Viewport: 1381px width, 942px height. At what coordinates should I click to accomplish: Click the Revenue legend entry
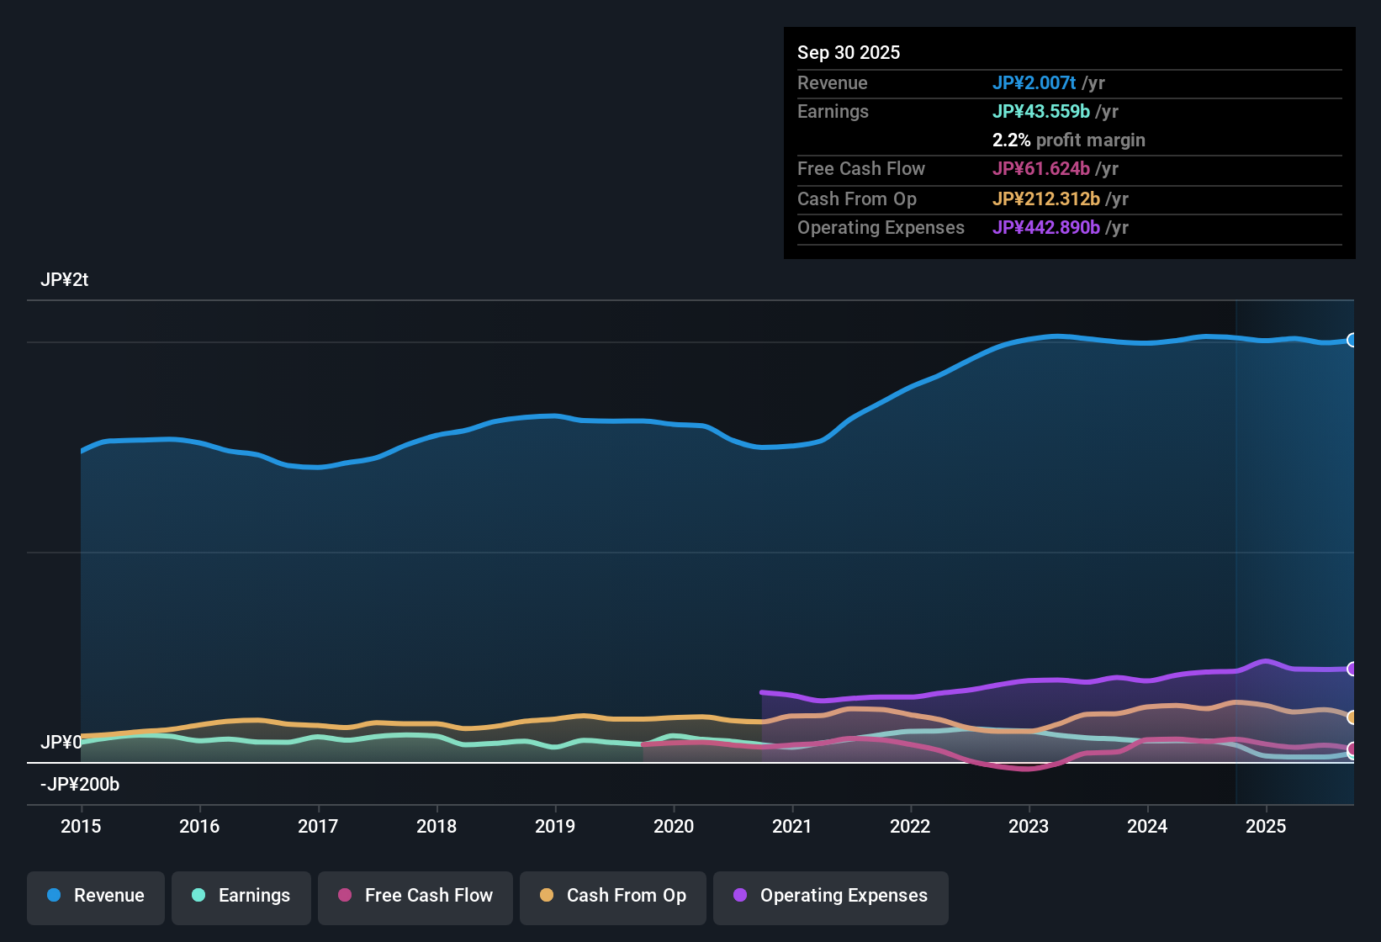point(96,896)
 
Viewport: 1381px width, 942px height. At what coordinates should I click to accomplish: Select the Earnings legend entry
point(241,896)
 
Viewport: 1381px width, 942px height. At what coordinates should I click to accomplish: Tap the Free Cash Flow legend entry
point(415,896)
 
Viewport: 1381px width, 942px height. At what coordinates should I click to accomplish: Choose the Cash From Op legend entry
point(613,896)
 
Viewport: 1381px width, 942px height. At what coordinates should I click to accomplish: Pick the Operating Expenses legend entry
point(831,896)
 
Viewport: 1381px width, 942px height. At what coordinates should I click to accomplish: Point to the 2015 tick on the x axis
point(81,826)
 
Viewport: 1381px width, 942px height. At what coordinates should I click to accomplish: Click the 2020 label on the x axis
point(674,826)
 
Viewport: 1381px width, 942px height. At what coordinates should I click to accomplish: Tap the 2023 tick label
point(1029,826)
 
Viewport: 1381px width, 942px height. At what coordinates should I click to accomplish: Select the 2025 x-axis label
point(1266,826)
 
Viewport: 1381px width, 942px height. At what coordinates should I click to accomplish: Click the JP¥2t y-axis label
point(64,280)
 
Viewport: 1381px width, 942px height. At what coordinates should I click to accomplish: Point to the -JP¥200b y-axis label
point(80,785)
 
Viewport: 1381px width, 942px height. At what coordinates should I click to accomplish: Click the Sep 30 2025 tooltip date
point(849,52)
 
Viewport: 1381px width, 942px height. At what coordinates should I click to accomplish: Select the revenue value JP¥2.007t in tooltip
point(1034,82)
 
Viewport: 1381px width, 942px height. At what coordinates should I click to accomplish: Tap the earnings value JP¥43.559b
point(1041,111)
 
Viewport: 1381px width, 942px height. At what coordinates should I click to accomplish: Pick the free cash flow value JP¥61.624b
point(1041,168)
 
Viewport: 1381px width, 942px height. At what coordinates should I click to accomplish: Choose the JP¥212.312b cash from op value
point(1046,198)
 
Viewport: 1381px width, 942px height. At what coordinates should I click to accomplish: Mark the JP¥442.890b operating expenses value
point(1046,227)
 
